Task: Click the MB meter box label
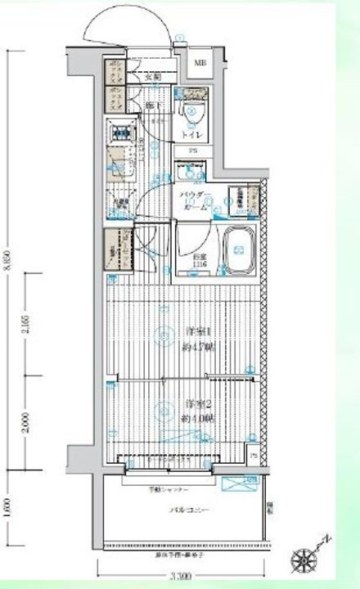point(200,62)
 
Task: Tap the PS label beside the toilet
point(193,151)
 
